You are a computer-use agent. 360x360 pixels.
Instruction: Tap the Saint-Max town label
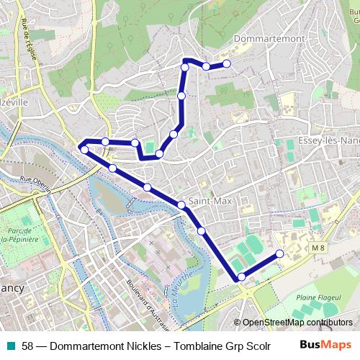(209, 201)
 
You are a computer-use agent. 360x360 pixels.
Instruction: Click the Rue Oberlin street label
(35, 182)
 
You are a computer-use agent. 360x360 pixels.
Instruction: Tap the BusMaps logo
(325, 345)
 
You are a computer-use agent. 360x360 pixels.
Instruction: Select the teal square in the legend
(9, 346)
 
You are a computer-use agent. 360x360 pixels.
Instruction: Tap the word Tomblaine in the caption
(188, 346)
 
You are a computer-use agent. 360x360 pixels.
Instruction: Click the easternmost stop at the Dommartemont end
(227, 64)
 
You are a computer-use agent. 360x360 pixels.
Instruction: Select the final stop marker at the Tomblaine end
(280, 253)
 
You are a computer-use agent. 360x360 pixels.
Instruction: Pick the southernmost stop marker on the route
(242, 276)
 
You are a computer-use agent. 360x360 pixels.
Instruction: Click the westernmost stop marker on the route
(85, 150)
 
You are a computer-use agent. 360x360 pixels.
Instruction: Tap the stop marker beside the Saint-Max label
(181, 205)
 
